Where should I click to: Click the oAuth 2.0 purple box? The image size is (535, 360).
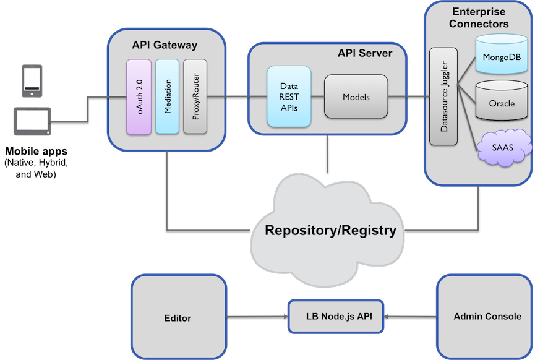point(139,96)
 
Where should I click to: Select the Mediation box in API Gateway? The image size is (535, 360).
point(167,96)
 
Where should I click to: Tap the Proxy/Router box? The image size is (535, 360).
point(194,96)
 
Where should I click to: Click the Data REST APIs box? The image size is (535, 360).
point(288,97)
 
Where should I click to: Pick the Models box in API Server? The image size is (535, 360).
point(356,96)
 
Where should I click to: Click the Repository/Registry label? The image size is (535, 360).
point(330,231)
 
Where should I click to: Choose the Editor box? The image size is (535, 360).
point(178,318)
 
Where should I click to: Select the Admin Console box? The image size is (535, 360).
point(487,316)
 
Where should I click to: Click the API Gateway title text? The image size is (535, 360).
point(165,45)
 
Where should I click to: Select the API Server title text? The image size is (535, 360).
point(364,53)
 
